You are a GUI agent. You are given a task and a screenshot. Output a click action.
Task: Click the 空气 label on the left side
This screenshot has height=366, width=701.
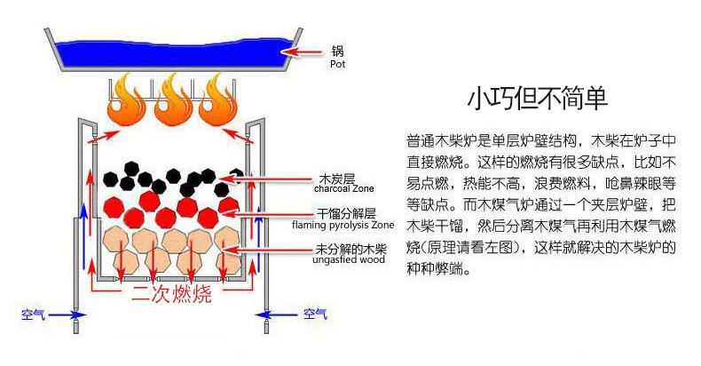(x=36, y=314)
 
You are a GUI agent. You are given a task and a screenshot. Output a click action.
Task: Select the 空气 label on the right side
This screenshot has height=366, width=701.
(x=315, y=314)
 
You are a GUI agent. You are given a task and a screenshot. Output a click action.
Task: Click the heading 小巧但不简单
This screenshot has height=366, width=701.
(x=538, y=96)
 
